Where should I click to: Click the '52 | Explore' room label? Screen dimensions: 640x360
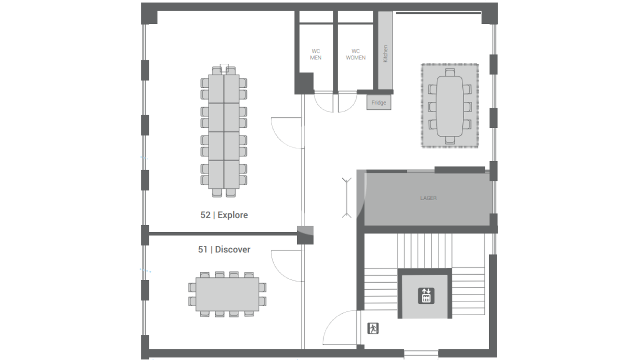(x=224, y=215)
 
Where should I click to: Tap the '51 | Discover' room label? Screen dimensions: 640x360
(x=224, y=250)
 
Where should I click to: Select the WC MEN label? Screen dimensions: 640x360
(x=316, y=54)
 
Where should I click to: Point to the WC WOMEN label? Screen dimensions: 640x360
(x=356, y=54)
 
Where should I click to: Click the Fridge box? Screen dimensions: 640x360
(x=379, y=102)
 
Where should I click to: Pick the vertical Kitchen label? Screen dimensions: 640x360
(x=385, y=53)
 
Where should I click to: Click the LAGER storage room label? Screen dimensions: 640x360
(x=428, y=198)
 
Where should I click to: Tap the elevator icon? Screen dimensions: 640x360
(x=426, y=295)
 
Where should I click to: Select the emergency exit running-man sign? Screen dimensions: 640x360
(x=373, y=329)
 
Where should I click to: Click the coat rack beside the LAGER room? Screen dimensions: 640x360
(x=347, y=198)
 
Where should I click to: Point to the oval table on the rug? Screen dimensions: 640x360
(x=450, y=106)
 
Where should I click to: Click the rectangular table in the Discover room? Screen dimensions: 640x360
(x=227, y=294)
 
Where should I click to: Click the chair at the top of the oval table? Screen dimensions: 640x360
(x=450, y=72)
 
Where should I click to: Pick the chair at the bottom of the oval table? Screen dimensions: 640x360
(x=450, y=140)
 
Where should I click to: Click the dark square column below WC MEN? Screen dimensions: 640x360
(x=306, y=83)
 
